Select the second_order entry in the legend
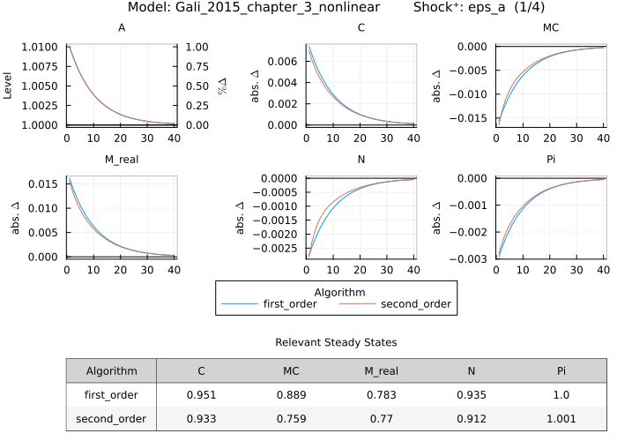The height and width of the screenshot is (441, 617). tap(415, 304)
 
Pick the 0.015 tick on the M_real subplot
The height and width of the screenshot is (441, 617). tap(45, 183)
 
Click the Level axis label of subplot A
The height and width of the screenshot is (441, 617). tap(8, 86)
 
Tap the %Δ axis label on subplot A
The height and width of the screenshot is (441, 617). tap(222, 86)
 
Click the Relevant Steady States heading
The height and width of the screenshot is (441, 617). tap(336, 341)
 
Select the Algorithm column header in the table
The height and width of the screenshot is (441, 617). tap(111, 371)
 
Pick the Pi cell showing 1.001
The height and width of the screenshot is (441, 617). tap(561, 419)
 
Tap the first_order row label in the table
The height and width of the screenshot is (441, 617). tap(111, 395)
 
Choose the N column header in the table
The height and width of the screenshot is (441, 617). tap(472, 371)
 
